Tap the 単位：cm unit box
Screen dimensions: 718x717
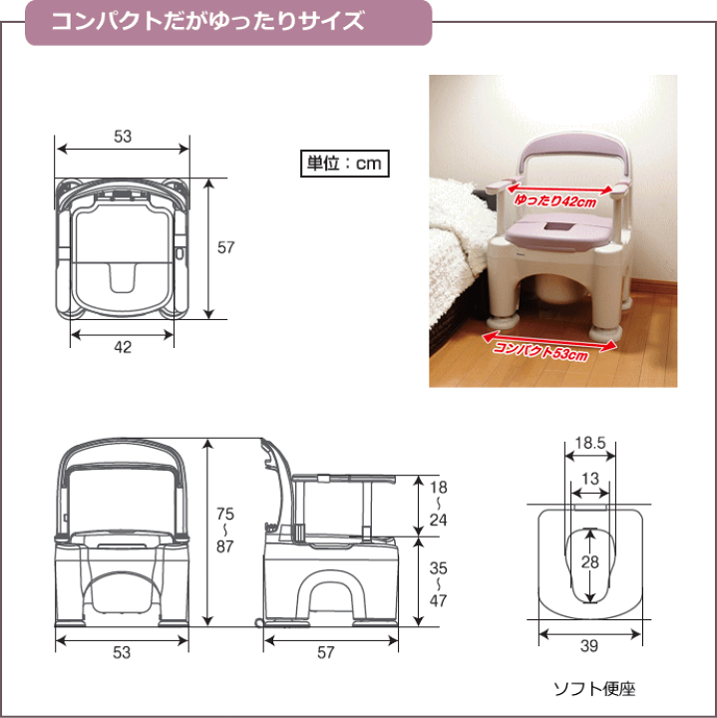click(342, 162)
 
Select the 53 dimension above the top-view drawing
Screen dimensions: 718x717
click(123, 137)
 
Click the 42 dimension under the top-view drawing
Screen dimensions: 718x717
click(122, 347)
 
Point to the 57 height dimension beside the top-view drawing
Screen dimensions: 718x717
click(225, 247)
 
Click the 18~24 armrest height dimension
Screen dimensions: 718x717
click(438, 505)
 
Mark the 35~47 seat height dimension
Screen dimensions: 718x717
click(438, 584)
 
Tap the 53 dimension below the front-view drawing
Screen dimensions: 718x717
click(122, 652)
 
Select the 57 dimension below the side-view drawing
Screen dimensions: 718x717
click(325, 652)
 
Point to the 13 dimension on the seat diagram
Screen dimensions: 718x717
click(590, 479)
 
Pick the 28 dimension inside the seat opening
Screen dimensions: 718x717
click(590, 562)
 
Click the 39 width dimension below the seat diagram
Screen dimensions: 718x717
click(589, 646)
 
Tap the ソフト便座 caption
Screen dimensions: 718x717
click(594, 688)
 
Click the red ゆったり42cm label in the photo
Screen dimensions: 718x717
click(555, 200)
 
